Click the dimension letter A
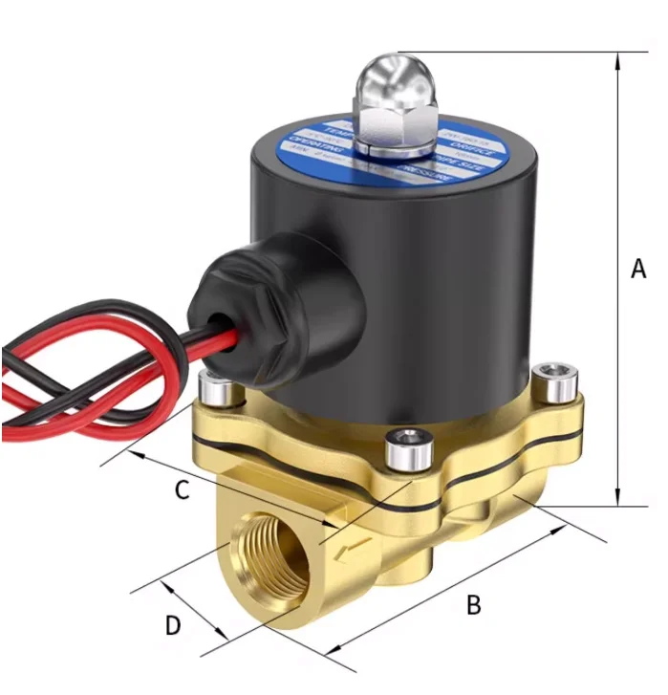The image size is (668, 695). click(x=638, y=271)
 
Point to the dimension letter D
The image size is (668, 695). click(x=173, y=625)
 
